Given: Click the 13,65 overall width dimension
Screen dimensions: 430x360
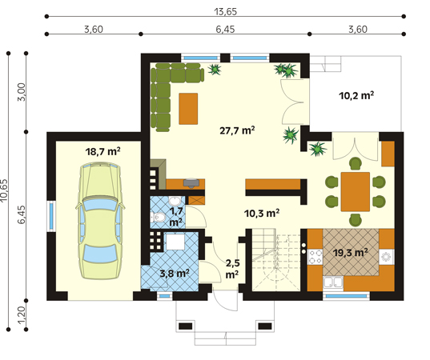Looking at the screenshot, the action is tap(226, 12).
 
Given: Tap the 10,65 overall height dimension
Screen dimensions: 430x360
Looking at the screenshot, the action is tap(4, 190).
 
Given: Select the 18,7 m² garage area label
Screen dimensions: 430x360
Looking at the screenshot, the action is tap(102, 151).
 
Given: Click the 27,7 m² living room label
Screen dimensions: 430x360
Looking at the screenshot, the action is tap(237, 130).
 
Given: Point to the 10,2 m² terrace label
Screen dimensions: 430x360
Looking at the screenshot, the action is tap(356, 96).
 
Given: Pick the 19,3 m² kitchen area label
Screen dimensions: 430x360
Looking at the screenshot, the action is tap(351, 253).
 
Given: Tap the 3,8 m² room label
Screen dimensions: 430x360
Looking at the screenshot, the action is tap(175, 273).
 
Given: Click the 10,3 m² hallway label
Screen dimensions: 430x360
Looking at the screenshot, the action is tap(262, 213).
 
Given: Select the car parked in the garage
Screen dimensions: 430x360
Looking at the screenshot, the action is tap(100, 221).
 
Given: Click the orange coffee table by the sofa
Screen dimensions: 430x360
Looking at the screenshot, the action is tap(188, 109).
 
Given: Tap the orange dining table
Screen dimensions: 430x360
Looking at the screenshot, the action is tap(356, 192).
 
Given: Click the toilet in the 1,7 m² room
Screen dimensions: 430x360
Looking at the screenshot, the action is tap(158, 218).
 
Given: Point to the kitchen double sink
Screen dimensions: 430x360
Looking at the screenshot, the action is tap(333, 282).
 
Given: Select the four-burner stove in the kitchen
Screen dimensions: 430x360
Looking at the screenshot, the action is tap(315, 257).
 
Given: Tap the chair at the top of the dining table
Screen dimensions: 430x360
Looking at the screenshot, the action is tap(356, 163).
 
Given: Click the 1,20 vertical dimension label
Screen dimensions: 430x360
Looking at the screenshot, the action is tap(22, 315).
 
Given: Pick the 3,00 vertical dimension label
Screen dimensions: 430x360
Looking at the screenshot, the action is tap(22, 92).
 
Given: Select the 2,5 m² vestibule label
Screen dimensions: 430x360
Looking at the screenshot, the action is tap(232, 269).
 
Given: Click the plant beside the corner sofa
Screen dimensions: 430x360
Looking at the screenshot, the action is tap(215, 69).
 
